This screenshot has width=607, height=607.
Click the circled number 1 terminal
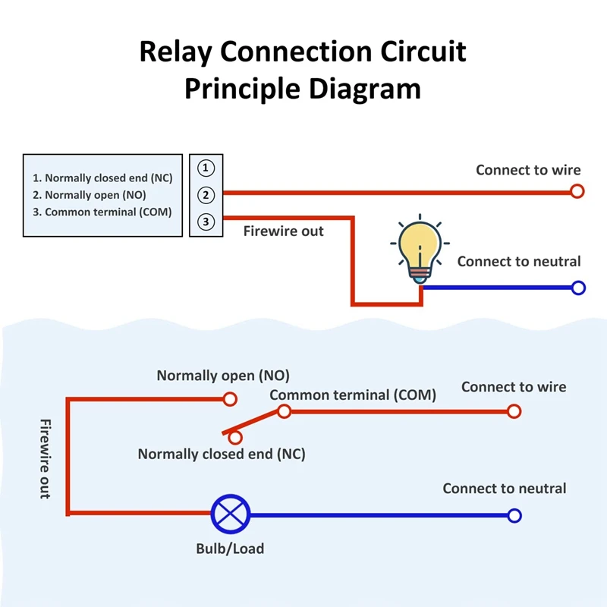(206, 168)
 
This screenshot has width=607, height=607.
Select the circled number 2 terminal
(206, 195)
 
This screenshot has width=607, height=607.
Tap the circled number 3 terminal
(206, 222)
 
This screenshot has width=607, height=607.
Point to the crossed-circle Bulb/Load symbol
(230, 514)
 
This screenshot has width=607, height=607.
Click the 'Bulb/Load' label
(230, 548)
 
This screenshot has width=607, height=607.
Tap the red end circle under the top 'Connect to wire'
(577, 191)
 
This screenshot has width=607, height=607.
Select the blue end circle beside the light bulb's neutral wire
(578, 288)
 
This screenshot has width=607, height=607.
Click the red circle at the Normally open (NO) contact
(230, 398)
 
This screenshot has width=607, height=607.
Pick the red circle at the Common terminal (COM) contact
(284, 411)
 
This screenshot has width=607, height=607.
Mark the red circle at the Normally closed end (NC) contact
(235, 437)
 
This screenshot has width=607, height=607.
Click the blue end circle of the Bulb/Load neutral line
(514, 515)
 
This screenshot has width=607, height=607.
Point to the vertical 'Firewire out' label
(45, 458)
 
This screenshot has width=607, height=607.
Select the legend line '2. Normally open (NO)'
(90, 195)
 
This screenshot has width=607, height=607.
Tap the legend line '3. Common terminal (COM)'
(102, 212)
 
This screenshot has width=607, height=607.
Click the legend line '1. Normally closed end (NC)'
(102, 178)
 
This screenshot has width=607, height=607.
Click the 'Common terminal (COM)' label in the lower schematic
(353, 395)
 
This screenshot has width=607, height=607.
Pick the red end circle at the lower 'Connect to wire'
(514, 411)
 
